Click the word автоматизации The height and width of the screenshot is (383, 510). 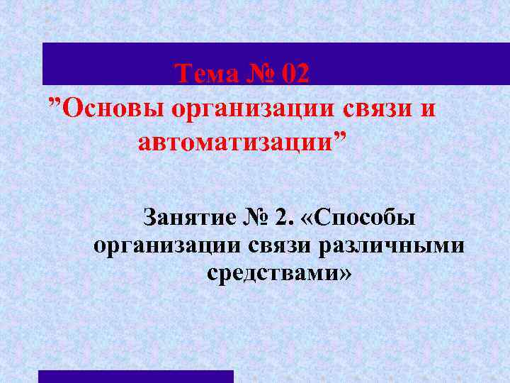point(234,143)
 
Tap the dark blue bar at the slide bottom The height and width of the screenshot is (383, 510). point(135,376)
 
